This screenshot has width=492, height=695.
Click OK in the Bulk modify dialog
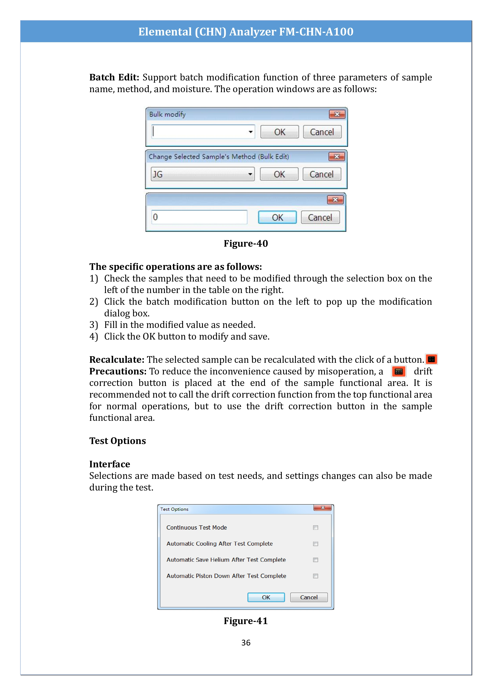(279, 132)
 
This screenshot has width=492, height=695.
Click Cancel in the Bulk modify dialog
(322, 132)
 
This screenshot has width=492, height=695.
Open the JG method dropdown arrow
(250, 174)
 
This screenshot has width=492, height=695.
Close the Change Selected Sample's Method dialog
(337, 157)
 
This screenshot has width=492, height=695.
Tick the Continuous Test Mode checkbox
(315, 528)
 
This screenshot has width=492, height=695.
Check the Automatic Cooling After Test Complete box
(315, 544)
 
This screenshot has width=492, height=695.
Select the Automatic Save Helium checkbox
(315, 560)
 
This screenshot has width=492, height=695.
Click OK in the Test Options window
(266, 597)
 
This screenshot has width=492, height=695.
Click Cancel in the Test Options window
(309, 597)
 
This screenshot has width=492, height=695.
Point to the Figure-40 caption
(246, 243)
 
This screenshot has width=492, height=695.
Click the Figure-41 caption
(246, 621)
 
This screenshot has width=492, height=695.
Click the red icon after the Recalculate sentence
(431, 359)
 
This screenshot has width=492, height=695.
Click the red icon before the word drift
(399, 371)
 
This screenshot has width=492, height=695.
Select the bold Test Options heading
(118, 441)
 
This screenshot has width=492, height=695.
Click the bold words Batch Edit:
(114, 77)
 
